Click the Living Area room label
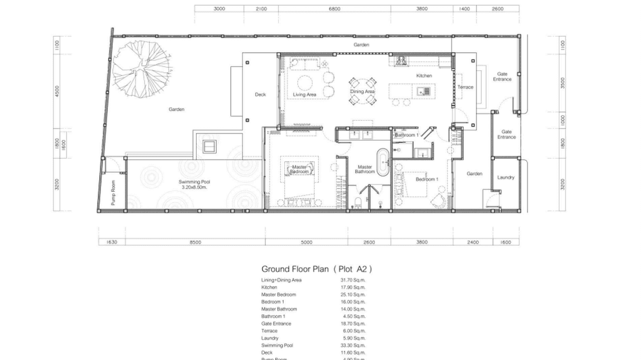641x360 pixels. click(304, 95)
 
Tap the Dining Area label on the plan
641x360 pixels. click(362, 91)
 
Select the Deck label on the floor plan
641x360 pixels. click(260, 95)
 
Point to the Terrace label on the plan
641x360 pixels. click(465, 87)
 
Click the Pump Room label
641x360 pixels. click(113, 192)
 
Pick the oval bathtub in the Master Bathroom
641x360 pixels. click(383, 161)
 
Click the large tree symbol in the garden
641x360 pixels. click(141, 70)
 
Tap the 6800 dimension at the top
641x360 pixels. click(334, 9)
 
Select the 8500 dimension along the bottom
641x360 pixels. click(195, 242)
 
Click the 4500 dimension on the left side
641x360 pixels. click(57, 91)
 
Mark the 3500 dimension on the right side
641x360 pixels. click(562, 83)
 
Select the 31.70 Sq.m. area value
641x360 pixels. click(353, 280)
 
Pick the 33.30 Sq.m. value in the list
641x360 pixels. click(353, 345)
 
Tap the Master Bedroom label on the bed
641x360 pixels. click(299, 169)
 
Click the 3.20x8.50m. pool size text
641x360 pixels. click(194, 188)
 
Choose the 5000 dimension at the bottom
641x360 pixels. click(306, 242)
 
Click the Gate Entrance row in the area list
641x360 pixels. click(276, 324)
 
